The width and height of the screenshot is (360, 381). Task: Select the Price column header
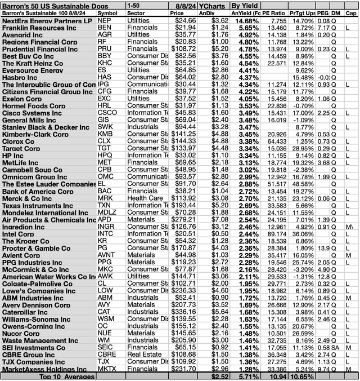[177, 12]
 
